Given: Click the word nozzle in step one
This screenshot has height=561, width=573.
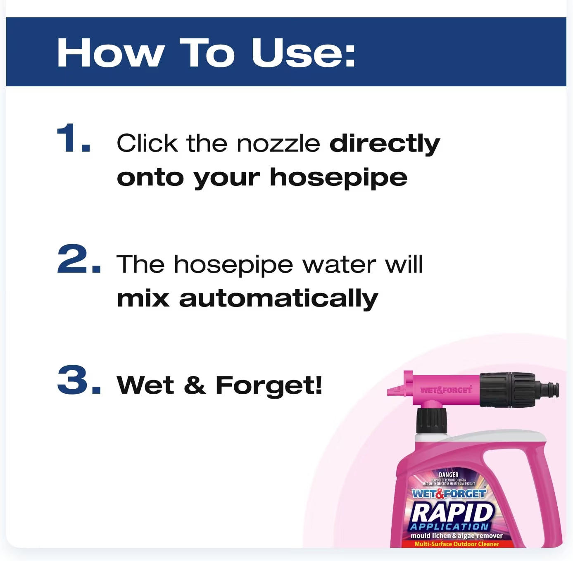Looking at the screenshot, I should coord(278,143).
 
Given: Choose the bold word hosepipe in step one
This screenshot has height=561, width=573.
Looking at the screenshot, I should coord(338,178).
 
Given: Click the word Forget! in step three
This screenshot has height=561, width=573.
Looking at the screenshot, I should coord(269,386).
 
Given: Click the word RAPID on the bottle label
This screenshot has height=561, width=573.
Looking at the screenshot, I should coord(452,512).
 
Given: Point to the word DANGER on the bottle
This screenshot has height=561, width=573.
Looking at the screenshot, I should coord(449,475).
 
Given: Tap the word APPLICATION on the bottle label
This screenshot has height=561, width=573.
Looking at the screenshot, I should coord(449,527).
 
